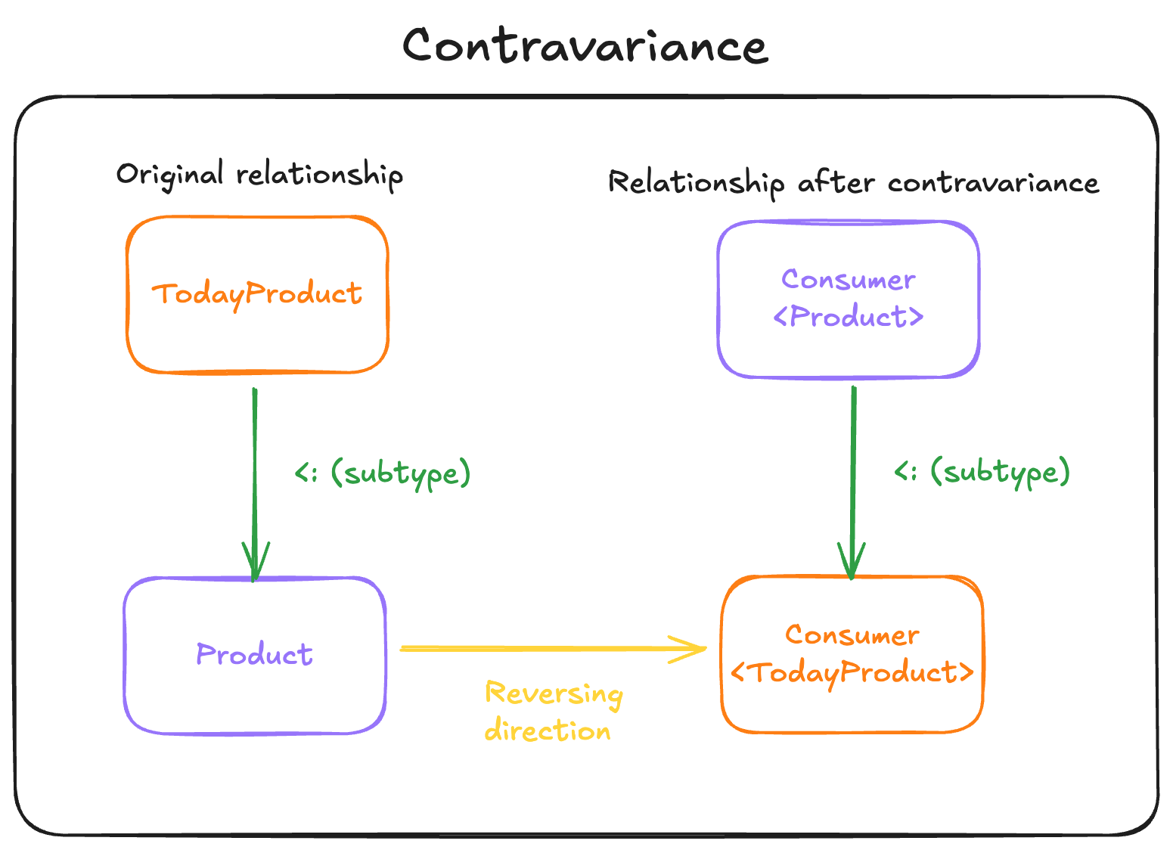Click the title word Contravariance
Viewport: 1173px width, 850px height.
click(585, 46)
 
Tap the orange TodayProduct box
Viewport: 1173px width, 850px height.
click(257, 295)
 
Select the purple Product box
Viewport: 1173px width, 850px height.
click(255, 655)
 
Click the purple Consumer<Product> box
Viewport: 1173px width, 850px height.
click(848, 299)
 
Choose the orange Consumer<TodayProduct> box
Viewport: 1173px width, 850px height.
click(852, 654)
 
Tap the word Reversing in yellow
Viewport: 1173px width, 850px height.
click(554, 694)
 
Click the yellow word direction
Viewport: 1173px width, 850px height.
click(548, 731)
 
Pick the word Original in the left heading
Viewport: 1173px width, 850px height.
click(169, 174)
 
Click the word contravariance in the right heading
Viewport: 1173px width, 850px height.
click(993, 183)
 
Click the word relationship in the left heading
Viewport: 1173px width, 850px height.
click(319, 175)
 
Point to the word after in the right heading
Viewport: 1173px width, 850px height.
click(836, 183)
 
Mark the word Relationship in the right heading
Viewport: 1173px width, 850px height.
click(696, 183)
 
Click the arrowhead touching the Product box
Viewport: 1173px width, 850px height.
click(255, 563)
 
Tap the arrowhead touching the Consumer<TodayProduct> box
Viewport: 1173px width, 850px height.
click(852, 563)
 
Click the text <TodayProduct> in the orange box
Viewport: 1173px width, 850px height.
click(852, 673)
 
